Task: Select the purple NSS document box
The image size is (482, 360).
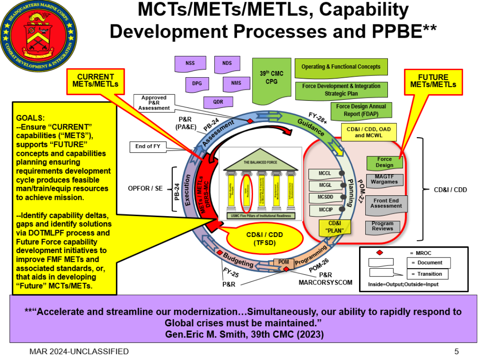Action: tap(190, 64)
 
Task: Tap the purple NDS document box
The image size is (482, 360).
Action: tap(227, 63)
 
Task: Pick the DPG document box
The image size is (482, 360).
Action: tap(197, 83)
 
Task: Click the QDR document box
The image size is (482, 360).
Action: tap(218, 102)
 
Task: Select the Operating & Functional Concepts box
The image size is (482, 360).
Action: tap(341, 67)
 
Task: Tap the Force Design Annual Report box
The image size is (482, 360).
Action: tap(361, 110)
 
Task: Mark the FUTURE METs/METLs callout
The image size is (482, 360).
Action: tap(433, 81)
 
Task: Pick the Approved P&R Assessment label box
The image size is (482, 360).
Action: tap(154, 103)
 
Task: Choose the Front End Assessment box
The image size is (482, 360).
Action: tap(386, 203)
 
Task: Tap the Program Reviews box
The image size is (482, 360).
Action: tap(383, 226)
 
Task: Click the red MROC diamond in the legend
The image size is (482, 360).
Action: tap(379, 253)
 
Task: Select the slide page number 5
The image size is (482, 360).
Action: tap(457, 351)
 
